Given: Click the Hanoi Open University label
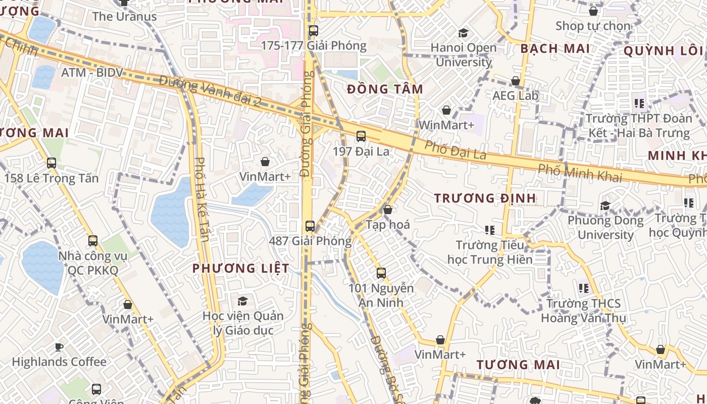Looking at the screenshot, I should (x=463, y=55).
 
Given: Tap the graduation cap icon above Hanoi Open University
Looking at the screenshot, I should (x=463, y=33).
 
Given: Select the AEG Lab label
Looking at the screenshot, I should (x=516, y=95).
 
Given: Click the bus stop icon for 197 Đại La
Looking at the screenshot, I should (x=361, y=136).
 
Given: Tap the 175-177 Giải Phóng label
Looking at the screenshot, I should (x=313, y=46).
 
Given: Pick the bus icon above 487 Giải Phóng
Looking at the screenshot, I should (x=310, y=226).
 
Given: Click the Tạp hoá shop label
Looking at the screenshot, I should (x=388, y=224).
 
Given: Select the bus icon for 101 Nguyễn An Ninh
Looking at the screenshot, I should (x=381, y=273).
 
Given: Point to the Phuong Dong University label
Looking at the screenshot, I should (x=605, y=228).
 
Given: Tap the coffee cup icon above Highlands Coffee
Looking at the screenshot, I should (x=59, y=347).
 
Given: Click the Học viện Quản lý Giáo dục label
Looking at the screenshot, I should (x=243, y=323).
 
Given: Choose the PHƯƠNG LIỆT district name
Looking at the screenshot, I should (x=241, y=269).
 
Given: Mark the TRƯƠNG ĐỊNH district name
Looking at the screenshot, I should (x=485, y=198).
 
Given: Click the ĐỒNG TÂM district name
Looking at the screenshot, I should (x=385, y=89).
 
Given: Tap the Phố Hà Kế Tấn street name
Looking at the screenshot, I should (x=201, y=199).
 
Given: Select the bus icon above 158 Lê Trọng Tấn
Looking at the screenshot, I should (x=51, y=163).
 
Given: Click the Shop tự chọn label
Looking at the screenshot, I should (x=593, y=26).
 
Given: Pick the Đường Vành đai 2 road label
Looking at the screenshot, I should (x=210, y=90).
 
